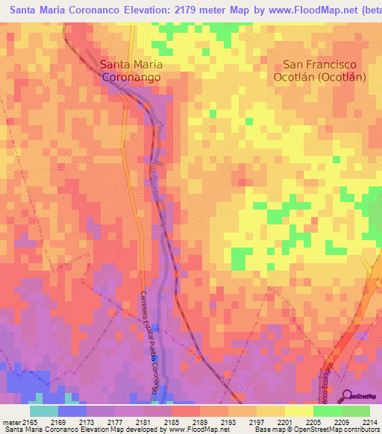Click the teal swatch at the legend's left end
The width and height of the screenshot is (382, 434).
coord(44,411)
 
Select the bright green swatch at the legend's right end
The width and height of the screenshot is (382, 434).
coord(356,411)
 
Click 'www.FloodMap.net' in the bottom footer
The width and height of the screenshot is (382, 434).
coord(198,430)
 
